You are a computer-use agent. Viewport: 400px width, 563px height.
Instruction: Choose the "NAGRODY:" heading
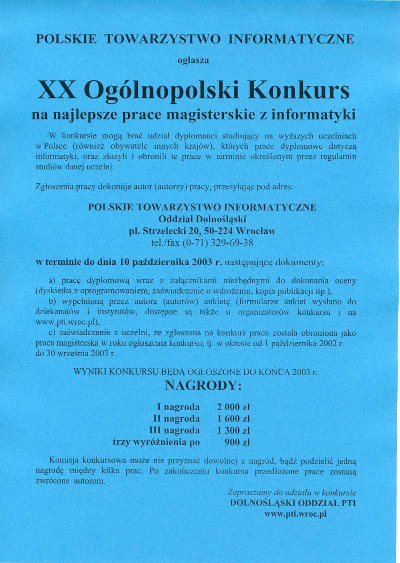(x=201, y=386)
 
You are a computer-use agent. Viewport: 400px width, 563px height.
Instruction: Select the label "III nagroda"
(x=174, y=430)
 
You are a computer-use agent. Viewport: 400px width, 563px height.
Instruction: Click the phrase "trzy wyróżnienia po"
(x=156, y=442)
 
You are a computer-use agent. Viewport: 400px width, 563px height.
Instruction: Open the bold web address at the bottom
(x=294, y=515)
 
